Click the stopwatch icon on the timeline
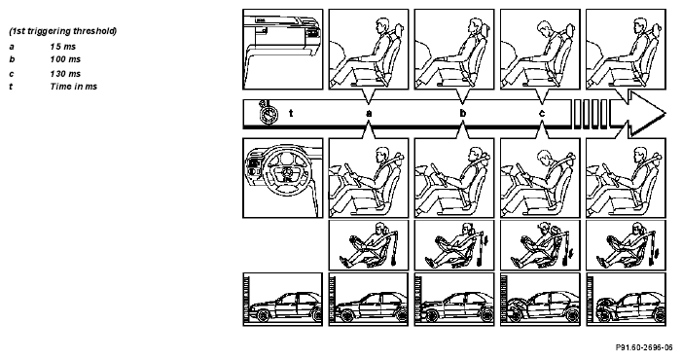pos(268,113)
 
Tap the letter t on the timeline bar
pos(291,114)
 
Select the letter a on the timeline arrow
pos(369,114)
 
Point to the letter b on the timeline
pos(463,114)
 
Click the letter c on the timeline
pos(542,114)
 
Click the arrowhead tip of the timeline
pos(665,114)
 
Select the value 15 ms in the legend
pos(62,47)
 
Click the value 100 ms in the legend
pos(65,59)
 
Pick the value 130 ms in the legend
pos(65,74)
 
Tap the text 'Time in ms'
pos(74,86)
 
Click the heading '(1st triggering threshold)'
pos(62,31)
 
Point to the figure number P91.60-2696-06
pos(644,347)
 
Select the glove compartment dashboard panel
pos(283,49)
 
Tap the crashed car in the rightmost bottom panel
pos(630,307)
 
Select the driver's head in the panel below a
pos(382,155)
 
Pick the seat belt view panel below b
pos(454,245)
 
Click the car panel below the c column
pos(540,299)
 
